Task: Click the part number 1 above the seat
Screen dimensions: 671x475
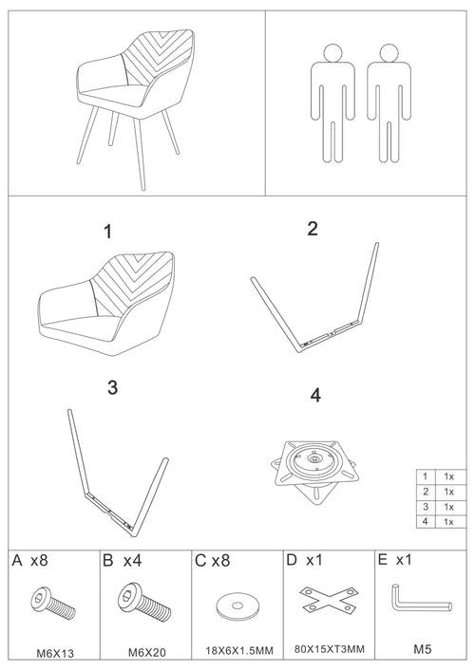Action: pyautogui.click(x=108, y=232)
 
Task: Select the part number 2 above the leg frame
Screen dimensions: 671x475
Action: pyautogui.click(x=312, y=229)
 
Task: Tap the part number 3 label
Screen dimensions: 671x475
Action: pyautogui.click(x=112, y=387)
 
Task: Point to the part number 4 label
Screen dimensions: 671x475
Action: pyautogui.click(x=315, y=392)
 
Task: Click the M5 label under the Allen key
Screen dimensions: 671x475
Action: pyautogui.click(x=422, y=652)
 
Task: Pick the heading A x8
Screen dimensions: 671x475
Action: pyautogui.click(x=29, y=561)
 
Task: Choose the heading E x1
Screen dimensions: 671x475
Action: pyautogui.click(x=396, y=560)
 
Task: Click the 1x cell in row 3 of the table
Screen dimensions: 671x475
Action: pyautogui.click(x=449, y=506)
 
